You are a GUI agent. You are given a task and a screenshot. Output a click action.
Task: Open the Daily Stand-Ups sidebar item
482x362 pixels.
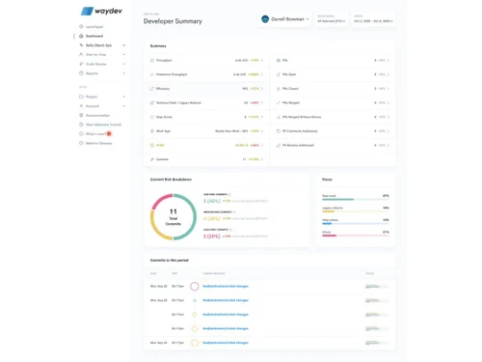point(98,45)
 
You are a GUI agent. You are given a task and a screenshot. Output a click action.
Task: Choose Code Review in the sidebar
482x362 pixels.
point(96,64)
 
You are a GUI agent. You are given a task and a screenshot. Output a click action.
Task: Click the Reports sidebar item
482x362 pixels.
point(93,73)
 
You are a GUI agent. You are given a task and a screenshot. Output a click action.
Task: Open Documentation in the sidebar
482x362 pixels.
point(97,115)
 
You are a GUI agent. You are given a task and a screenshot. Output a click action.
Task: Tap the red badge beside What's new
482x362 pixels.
point(110,133)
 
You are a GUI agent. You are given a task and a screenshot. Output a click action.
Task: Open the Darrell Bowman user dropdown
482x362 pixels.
point(285,18)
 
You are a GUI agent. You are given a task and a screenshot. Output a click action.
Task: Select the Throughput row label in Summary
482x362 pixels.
point(164,60)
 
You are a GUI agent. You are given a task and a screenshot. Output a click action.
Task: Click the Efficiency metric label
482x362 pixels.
point(163,88)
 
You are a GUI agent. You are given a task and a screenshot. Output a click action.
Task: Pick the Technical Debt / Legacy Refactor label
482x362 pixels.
point(177,101)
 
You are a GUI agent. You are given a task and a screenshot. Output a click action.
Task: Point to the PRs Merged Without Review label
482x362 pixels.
point(305,116)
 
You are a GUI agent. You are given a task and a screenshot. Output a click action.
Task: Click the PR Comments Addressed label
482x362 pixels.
point(301,129)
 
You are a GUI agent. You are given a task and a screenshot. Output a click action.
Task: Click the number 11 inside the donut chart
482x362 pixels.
point(174,210)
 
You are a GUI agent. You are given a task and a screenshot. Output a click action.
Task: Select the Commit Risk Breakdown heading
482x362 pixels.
point(172,180)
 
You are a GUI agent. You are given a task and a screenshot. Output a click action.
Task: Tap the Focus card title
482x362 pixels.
point(328,180)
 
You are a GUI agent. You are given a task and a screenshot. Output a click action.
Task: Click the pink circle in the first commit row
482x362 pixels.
point(195,287)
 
